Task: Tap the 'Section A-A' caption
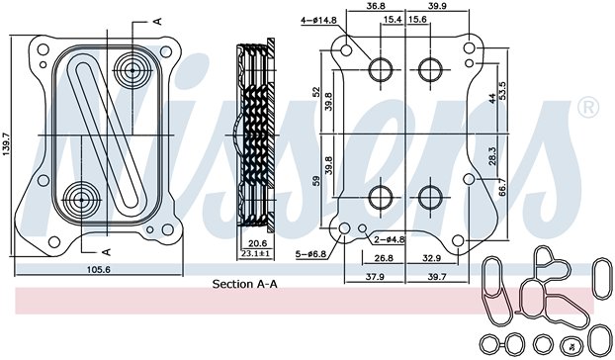(x=244, y=284)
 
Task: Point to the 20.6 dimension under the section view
(x=257, y=244)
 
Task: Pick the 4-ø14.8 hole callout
(x=320, y=19)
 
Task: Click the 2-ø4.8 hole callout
(x=388, y=239)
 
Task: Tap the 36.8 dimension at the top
(x=376, y=8)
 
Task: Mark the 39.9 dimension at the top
(x=438, y=8)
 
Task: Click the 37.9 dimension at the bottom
(x=374, y=278)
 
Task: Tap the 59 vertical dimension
(x=315, y=181)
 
